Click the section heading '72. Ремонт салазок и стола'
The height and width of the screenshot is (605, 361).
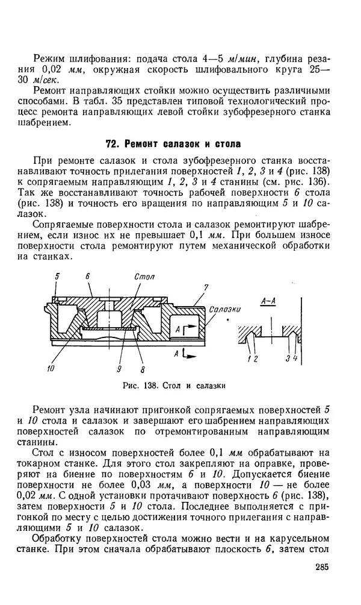click(173, 144)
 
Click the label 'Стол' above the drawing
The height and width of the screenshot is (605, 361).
click(144, 276)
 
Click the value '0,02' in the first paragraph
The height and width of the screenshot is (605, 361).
click(48, 69)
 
